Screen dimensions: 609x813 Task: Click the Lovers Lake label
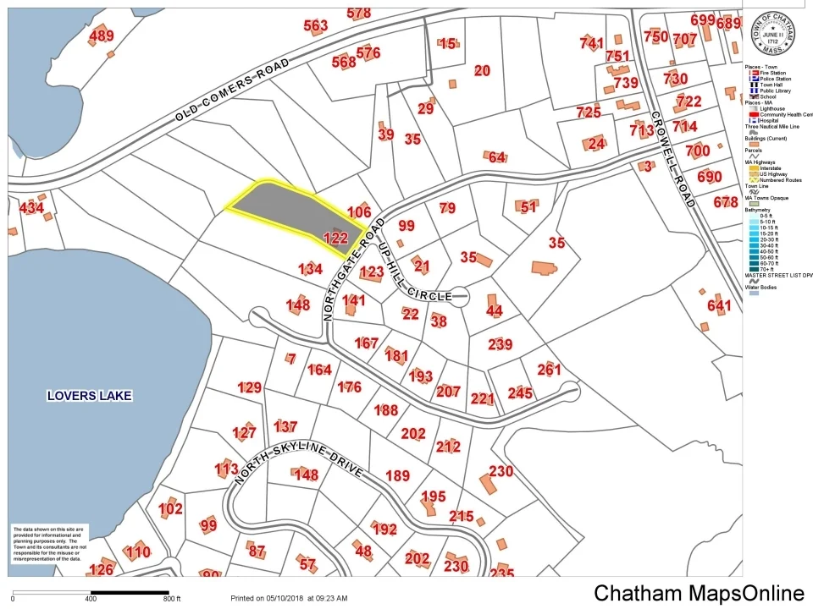click(x=90, y=395)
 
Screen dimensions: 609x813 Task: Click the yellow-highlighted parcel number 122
click(x=336, y=239)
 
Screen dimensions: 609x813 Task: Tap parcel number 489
click(x=101, y=36)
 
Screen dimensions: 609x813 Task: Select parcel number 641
click(x=718, y=305)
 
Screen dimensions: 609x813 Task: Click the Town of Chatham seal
click(x=771, y=31)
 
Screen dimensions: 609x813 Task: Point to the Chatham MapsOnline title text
click(x=699, y=593)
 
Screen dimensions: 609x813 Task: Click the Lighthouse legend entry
click(x=772, y=109)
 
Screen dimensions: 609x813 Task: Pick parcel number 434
click(x=32, y=207)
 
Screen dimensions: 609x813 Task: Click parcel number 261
click(x=549, y=369)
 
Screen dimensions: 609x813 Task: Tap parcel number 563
click(x=315, y=26)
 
